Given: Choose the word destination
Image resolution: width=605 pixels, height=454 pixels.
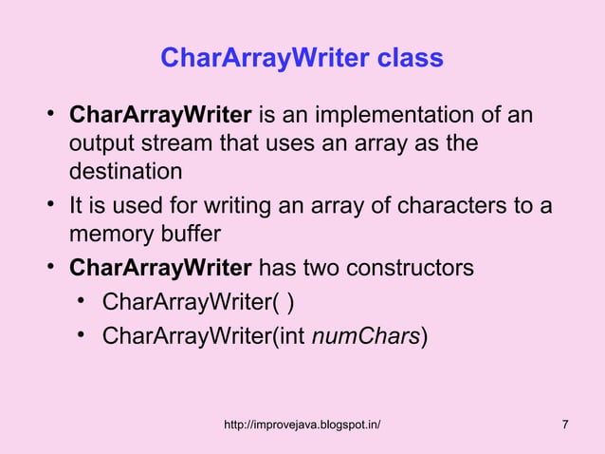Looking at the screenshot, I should point(124,174).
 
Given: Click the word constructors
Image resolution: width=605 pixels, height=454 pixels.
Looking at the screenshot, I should point(416,268).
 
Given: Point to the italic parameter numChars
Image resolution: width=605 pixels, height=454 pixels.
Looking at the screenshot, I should point(365,335).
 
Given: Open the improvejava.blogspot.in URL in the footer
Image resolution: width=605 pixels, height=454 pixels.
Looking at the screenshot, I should point(302,424).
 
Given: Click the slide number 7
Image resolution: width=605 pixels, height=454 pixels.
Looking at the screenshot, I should point(565,424).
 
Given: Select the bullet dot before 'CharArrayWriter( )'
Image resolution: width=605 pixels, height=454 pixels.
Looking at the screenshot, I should point(83,301).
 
